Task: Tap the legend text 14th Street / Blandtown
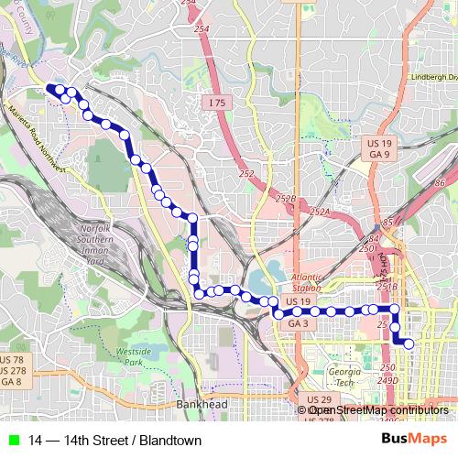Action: tap(115, 441)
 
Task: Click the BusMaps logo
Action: tap(420, 440)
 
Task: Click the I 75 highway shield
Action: tap(216, 104)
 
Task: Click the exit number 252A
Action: tap(319, 212)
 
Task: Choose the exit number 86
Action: tap(441, 184)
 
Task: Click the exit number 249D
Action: tap(389, 379)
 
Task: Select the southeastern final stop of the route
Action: tap(409, 343)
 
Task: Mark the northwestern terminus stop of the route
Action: tap(51, 89)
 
